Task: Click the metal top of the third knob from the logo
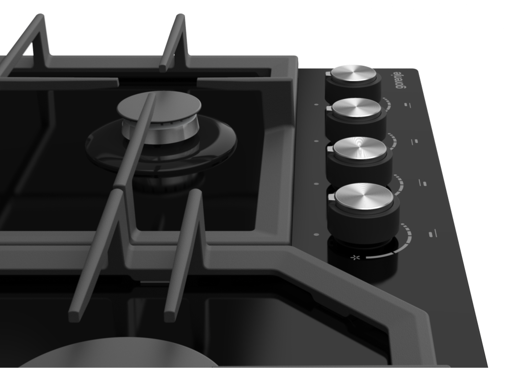coord(360,148)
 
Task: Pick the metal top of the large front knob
coord(364,196)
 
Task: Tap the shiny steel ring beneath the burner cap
coord(160,133)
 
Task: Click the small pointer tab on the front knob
coord(332,197)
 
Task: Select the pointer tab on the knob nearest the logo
coord(328,74)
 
